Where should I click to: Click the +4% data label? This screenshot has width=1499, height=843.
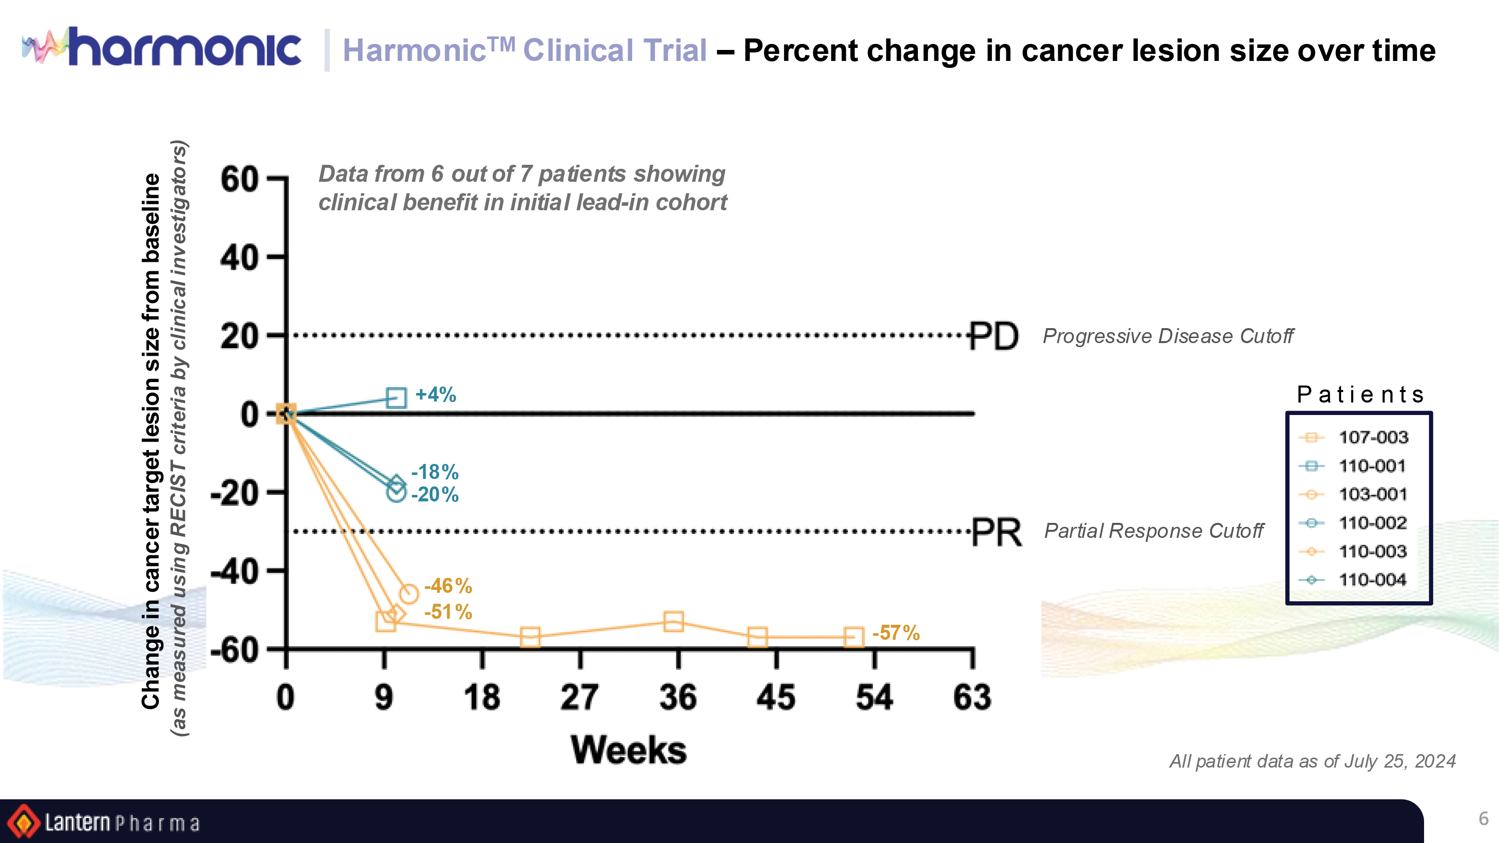[435, 395]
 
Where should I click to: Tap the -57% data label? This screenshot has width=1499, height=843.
[895, 633]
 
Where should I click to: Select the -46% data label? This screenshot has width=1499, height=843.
[448, 586]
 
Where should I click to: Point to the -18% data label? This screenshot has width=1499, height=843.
[435, 472]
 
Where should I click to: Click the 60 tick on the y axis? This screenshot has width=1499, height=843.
[239, 179]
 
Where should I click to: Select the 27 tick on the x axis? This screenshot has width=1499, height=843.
[580, 698]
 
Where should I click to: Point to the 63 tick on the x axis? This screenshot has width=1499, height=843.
[972, 698]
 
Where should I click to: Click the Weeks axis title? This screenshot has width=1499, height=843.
[629, 750]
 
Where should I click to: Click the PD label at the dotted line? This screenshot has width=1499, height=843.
[994, 336]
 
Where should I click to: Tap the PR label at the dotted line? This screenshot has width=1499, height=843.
[996, 532]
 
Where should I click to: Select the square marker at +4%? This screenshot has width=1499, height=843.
[396, 398]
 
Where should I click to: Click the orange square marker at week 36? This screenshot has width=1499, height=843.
[673, 621]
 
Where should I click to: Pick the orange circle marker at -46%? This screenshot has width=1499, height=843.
[409, 594]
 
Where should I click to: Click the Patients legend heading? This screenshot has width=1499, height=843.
[1360, 395]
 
